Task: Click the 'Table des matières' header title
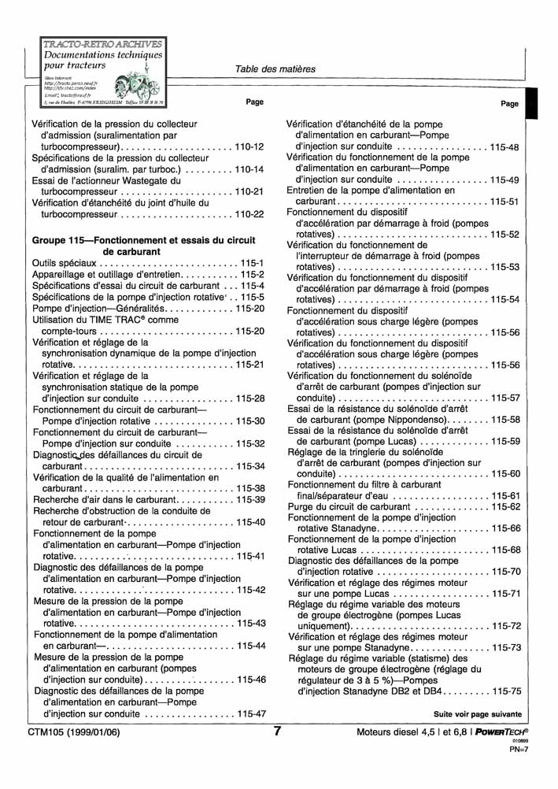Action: point(275,69)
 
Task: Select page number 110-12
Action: point(249,147)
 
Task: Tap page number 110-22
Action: point(249,214)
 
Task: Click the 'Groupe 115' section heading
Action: point(144,245)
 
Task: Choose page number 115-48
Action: point(504,147)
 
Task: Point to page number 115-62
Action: point(504,506)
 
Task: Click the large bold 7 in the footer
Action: point(278,732)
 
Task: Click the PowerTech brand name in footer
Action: point(496,732)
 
